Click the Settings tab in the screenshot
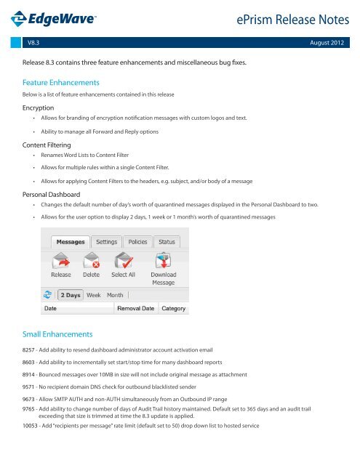(107, 241)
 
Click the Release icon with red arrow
(61, 262)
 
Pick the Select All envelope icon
(123, 262)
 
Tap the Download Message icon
(163, 262)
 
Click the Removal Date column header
(136, 309)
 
